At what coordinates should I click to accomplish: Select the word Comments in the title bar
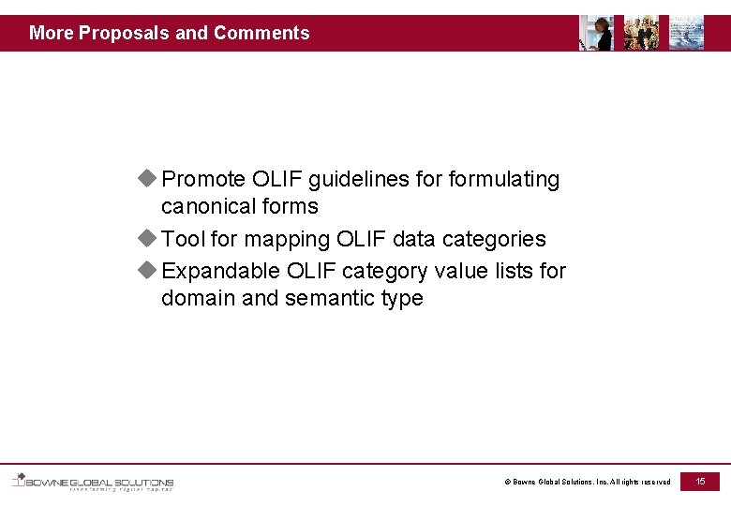(x=261, y=33)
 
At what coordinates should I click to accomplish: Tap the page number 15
(x=700, y=481)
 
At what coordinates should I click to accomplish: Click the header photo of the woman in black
(x=596, y=33)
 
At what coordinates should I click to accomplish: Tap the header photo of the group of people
(x=641, y=33)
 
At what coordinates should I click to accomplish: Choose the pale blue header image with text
(x=686, y=33)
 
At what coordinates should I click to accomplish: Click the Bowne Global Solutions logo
(x=92, y=482)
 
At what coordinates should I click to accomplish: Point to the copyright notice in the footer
(x=588, y=482)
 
